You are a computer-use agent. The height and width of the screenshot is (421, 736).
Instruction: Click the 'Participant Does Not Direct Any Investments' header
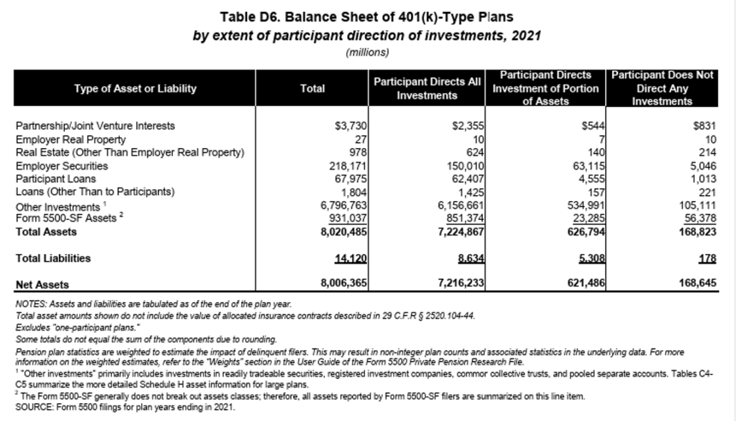(661, 89)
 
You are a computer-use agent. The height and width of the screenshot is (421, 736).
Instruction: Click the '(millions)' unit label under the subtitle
(366, 51)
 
